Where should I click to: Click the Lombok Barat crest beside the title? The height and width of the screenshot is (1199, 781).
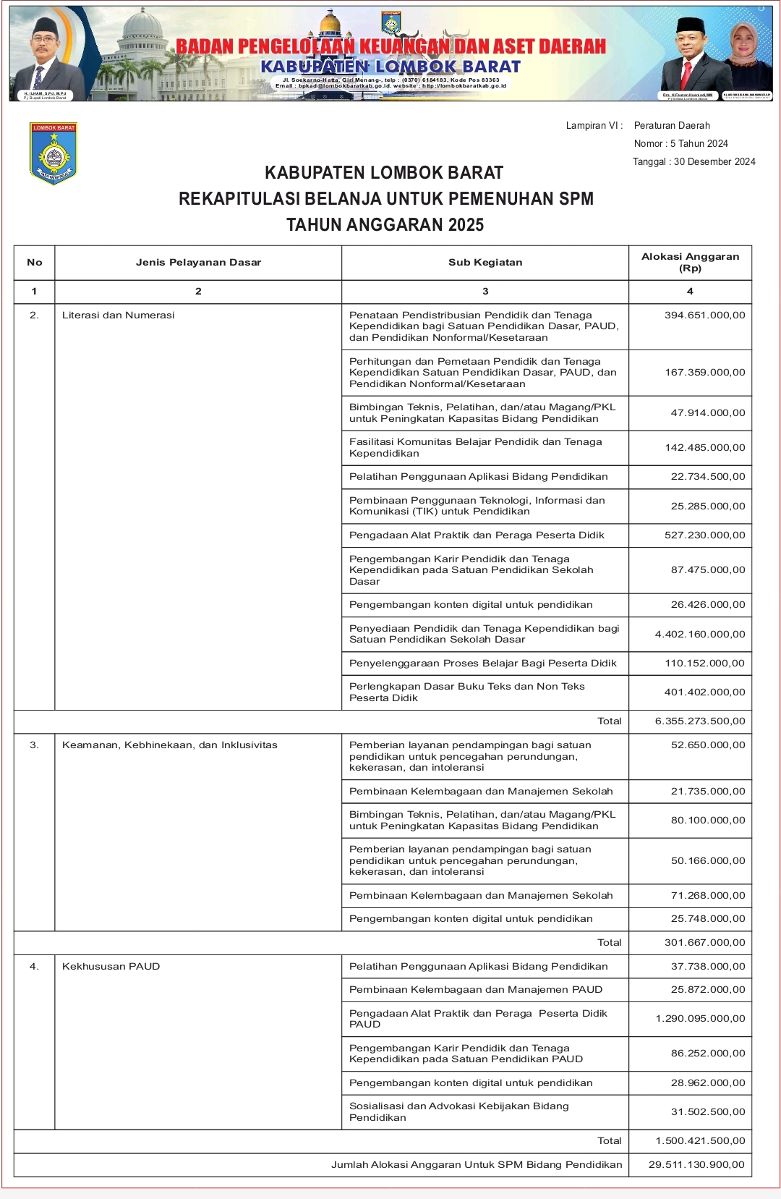click(x=54, y=153)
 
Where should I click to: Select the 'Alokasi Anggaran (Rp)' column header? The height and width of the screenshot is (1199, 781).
click(x=690, y=262)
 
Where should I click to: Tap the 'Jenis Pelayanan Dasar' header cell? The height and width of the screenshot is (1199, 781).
click(x=198, y=262)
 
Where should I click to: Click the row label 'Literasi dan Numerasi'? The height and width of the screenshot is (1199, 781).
click(x=119, y=315)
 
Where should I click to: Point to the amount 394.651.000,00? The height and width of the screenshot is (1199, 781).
click(x=704, y=315)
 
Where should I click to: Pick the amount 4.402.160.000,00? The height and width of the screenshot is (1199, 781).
click(x=699, y=634)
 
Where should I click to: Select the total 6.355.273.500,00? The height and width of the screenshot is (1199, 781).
click(x=699, y=721)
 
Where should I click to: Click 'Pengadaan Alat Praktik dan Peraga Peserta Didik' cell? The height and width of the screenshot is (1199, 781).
click(x=477, y=535)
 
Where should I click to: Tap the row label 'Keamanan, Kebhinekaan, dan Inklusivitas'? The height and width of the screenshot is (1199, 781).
click(x=170, y=745)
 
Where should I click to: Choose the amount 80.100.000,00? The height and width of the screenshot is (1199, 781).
click(x=707, y=820)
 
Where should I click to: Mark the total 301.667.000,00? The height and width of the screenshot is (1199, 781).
click(x=704, y=942)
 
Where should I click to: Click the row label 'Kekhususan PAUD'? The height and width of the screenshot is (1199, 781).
click(x=111, y=966)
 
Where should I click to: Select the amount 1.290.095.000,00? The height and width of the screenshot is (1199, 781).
click(x=700, y=1018)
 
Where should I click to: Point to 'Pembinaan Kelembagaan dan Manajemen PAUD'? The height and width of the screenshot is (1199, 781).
click(x=476, y=989)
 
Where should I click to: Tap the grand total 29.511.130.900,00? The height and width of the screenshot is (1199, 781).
click(x=696, y=1164)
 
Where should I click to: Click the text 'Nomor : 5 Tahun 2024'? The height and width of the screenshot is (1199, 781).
click(x=680, y=143)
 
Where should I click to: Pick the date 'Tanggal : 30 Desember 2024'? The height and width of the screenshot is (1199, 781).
click(x=693, y=161)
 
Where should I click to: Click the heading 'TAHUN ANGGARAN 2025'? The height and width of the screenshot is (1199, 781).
click(x=385, y=224)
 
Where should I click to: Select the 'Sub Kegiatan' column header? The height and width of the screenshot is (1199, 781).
click(x=485, y=262)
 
